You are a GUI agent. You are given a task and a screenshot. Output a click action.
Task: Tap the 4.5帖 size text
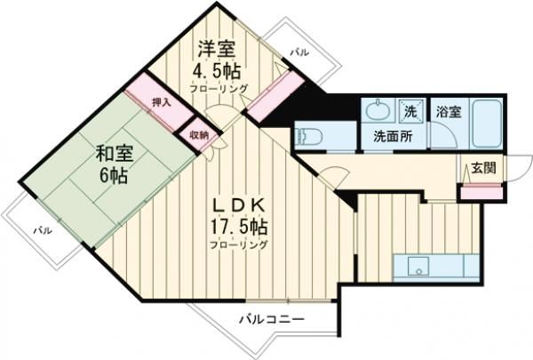point(218,70)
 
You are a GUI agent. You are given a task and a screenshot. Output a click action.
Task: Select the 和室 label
point(114,152)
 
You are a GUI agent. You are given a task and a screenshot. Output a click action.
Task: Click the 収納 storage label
point(198,135)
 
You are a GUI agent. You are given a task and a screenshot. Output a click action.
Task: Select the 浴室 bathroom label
point(448,112)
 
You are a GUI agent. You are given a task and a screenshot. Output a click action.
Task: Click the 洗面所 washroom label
point(391,138)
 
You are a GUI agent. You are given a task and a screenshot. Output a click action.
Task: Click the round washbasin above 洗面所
point(376,111)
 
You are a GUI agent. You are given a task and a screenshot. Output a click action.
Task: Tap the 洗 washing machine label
point(410,112)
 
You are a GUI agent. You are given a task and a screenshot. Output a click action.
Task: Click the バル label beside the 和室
point(41,230)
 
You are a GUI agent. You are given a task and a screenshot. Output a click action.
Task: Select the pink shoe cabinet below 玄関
point(481,188)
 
